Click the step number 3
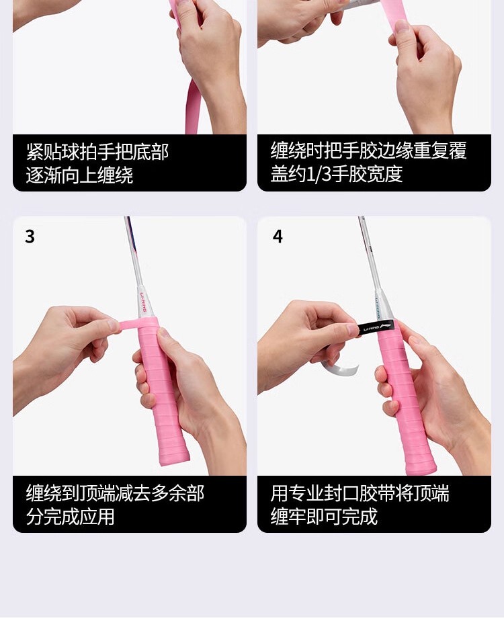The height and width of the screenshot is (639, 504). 30,237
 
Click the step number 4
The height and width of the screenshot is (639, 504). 278,237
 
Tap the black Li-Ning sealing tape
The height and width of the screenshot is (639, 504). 376,327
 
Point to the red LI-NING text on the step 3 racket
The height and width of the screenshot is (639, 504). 142,302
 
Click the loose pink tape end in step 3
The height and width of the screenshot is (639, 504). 129,325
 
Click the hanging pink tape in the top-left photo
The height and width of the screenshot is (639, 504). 192,107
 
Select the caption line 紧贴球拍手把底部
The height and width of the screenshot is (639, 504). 97,152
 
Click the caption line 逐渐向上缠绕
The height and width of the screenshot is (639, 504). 79,175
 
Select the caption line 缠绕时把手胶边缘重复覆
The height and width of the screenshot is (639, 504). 368,150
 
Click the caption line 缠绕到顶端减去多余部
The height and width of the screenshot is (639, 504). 115,493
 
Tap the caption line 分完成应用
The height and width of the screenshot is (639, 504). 70,517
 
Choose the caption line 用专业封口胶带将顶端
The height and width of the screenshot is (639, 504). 360,493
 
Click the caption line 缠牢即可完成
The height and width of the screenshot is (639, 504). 323,517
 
